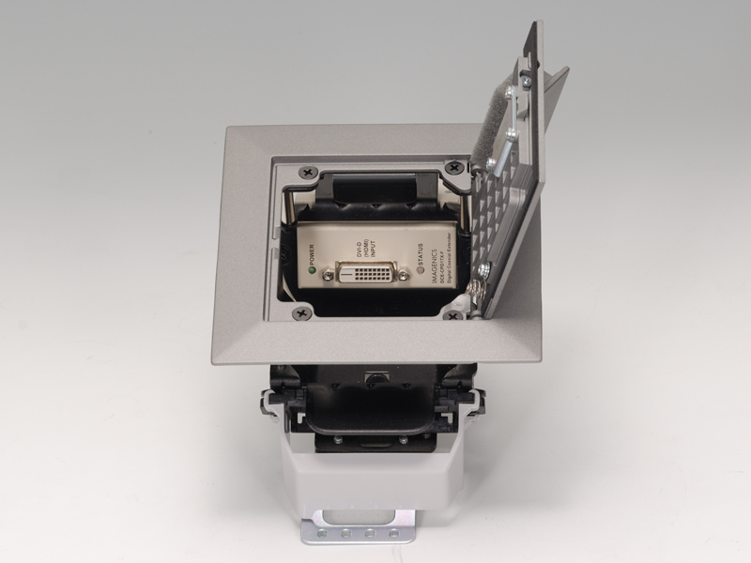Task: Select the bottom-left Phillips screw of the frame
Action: click(x=300, y=313)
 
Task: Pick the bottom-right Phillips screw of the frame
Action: click(x=459, y=317)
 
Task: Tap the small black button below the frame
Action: click(x=375, y=378)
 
